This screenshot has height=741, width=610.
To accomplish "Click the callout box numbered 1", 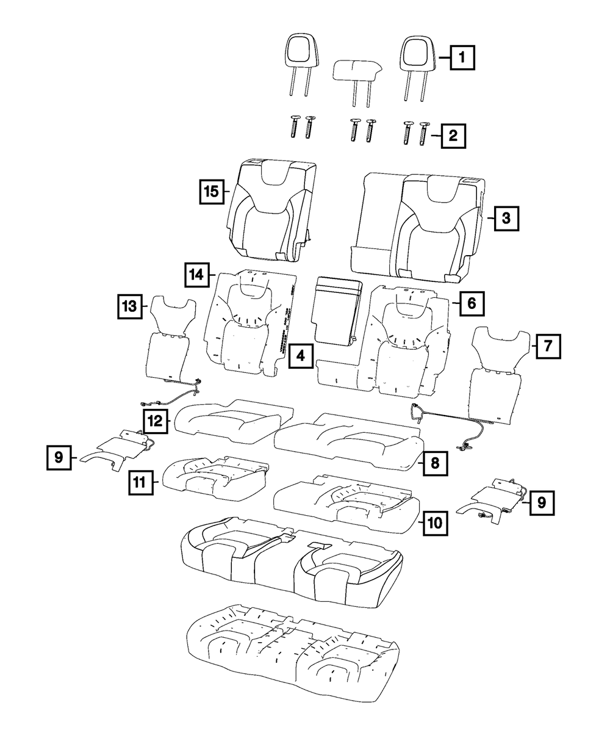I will [x=462, y=59].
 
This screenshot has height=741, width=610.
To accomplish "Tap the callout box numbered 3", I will [x=506, y=217].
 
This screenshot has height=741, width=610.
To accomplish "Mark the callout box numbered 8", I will [x=434, y=462].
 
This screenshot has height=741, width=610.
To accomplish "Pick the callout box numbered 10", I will [x=434, y=522].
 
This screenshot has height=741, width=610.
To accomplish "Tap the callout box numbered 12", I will [x=156, y=420].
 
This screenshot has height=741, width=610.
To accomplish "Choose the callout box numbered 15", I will [x=211, y=191].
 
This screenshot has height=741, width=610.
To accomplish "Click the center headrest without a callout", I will [x=357, y=70].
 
